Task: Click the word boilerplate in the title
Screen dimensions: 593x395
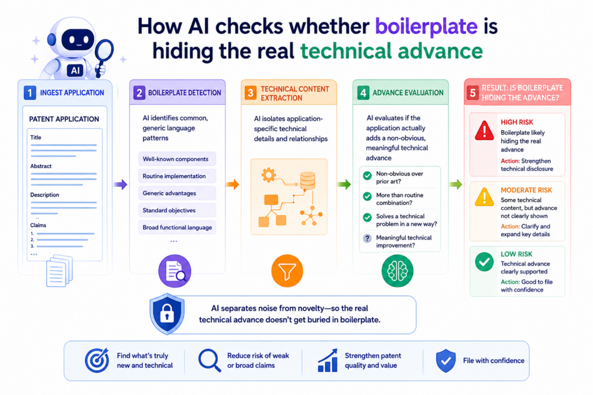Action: [426, 27]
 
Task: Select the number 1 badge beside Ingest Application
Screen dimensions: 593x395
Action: [30, 93]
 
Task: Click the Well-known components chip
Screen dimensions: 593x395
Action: [177, 159]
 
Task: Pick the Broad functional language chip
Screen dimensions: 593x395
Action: [177, 227]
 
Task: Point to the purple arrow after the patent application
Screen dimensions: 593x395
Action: [120, 184]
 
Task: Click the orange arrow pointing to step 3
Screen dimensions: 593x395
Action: [233, 184]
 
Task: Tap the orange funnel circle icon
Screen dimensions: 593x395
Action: [287, 271]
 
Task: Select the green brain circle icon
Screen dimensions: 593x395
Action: [397, 271]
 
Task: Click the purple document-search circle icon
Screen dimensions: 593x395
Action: [175, 271]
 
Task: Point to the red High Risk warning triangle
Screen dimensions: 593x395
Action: [485, 131]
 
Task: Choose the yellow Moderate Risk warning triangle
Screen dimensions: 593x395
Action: [485, 197]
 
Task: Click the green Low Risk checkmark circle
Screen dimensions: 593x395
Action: [485, 262]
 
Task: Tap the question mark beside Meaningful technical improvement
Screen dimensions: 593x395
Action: [367, 238]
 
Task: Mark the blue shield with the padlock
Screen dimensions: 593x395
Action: [167, 313]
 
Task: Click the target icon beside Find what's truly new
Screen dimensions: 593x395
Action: [97, 360]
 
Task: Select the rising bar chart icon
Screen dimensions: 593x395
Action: [328, 360]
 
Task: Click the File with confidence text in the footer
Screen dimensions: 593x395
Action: [493, 361]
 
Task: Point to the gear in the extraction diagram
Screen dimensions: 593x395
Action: [269, 175]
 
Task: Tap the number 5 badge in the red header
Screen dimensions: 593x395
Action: [473, 93]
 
